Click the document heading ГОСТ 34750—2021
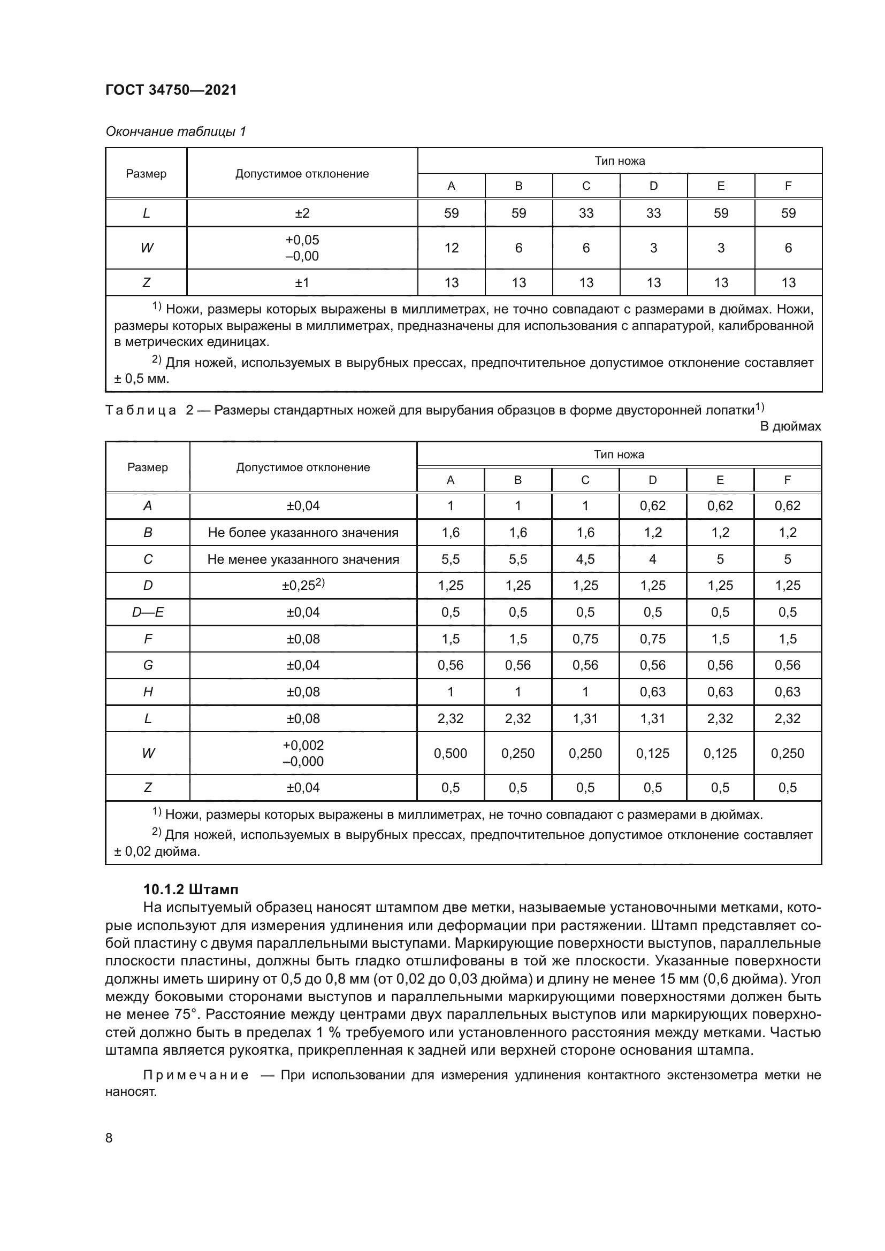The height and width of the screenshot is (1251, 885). tap(171, 90)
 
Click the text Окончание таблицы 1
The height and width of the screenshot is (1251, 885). tap(176, 132)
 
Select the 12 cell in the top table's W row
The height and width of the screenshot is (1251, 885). tap(451, 248)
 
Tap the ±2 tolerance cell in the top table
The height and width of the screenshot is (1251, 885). tap(302, 213)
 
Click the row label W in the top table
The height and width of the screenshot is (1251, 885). tap(146, 248)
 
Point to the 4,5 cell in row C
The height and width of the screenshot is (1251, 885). tap(585, 559)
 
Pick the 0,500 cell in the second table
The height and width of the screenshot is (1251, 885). tap(450, 753)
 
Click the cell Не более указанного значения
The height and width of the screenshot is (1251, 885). tap(303, 532)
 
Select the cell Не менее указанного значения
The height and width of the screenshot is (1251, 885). tap(303, 559)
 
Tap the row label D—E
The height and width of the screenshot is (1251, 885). tap(148, 612)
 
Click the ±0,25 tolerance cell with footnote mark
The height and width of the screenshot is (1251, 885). tap(303, 585)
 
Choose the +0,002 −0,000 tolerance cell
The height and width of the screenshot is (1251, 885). tap(303, 753)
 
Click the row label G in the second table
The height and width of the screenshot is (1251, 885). tap(148, 665)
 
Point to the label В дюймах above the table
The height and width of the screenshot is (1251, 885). tap(790, 426)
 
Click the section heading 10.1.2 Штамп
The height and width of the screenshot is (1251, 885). tap(190, 890)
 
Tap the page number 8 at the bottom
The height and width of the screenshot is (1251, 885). tap(109, 1138)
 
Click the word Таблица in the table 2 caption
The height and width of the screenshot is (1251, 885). tap(141, 410)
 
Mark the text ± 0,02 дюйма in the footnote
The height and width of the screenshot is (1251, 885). tap(157, 851)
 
